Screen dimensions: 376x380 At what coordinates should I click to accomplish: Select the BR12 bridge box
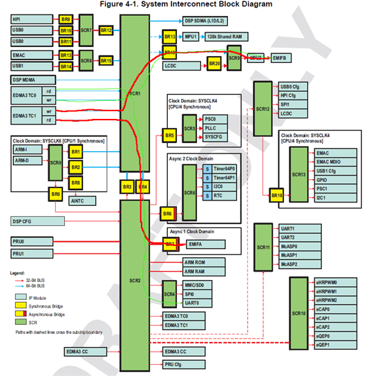click(x=106, y=30)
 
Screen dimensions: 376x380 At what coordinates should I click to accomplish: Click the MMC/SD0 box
click(x=198, y=284)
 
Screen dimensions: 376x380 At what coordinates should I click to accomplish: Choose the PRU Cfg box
click(x=182, y=364)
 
